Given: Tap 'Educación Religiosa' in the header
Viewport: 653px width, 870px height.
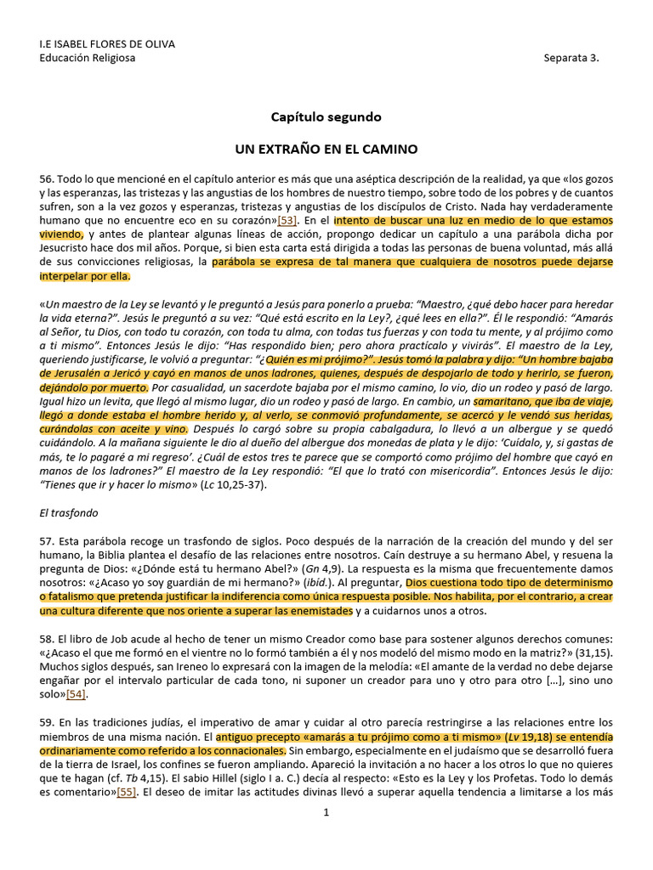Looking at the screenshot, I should coord(88,58).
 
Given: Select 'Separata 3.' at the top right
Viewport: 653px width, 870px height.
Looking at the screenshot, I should coord(571,58).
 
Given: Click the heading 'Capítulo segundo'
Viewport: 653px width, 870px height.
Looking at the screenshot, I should coord(326,116).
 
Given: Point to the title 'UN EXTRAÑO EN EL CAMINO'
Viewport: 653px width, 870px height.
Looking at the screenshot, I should coord(326,149).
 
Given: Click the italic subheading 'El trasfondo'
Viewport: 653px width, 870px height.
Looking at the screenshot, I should coord(64,513).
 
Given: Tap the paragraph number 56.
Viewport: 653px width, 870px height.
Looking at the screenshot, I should coord(47,180).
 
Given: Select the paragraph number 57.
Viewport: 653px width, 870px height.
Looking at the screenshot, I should coord(47,540).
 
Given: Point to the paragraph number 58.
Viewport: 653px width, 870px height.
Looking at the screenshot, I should coord(47,636).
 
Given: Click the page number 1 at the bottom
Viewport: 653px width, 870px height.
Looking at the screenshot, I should coord(326,811).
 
